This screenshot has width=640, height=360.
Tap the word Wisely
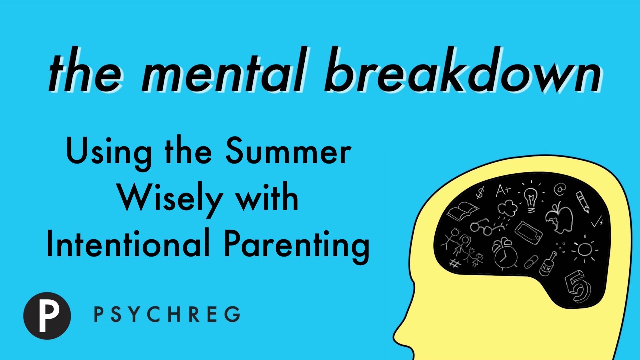(170, 199)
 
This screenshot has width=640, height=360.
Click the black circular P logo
(47, 316)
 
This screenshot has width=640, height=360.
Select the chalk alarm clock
(505, 253)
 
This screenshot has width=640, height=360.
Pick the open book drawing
(462, 211)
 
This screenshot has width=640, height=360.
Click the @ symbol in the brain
(560, 189)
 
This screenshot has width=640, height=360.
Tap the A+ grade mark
(503, 190)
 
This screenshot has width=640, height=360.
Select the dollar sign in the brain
(480, 192)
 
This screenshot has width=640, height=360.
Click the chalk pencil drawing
(583, 201)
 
